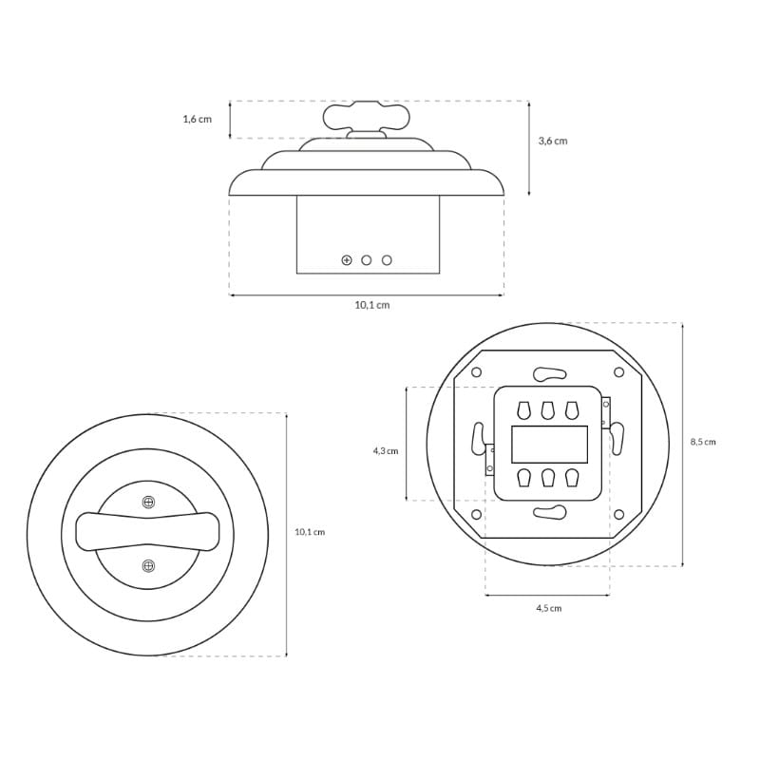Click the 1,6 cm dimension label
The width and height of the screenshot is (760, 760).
[x=198, y=120]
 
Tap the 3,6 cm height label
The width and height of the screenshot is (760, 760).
[x=553, y=141]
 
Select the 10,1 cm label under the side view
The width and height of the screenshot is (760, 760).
[x=372, y=305]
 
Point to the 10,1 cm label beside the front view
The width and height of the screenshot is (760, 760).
[x=310, y=532]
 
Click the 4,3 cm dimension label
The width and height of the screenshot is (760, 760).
[x=386, y=450]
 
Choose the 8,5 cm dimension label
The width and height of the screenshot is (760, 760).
[x=703, y=442]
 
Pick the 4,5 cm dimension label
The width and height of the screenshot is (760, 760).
[x=549, y=608]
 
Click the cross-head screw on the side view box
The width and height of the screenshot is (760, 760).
[x=347, y=260]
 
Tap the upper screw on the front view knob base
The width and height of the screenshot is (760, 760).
[x=148, y=503]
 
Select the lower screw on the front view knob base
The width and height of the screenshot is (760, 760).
[x=148, y=565]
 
